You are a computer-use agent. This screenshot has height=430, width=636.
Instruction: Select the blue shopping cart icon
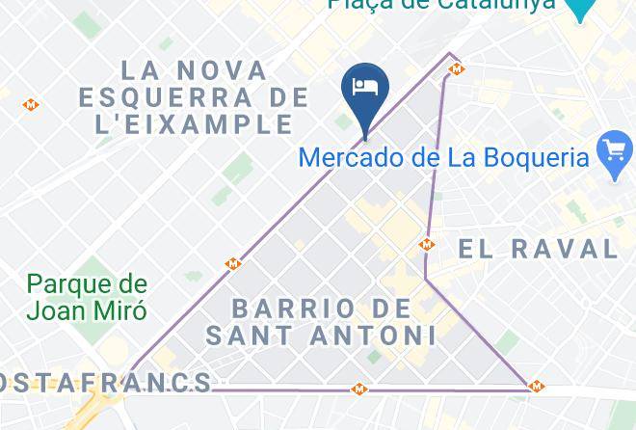coord(615,152)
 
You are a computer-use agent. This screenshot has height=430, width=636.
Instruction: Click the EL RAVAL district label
coord(538,249)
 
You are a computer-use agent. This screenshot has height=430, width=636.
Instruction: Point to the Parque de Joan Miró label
coord(87,297)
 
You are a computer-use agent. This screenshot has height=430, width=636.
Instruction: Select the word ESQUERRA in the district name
coord(194,97)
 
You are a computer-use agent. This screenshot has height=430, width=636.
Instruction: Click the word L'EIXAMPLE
coord(186,124)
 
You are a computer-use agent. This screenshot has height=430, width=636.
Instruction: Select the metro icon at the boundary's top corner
coord(458,68)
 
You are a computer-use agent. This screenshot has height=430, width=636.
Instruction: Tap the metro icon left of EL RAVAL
coord(427,245)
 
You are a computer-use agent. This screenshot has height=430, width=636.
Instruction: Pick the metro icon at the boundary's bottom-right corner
coord(537,387)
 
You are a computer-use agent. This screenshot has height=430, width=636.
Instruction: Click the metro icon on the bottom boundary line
coord(360,390)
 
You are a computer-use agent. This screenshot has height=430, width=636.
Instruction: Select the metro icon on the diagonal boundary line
coord(232,263)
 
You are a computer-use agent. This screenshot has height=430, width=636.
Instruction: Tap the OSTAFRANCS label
coord(106,383)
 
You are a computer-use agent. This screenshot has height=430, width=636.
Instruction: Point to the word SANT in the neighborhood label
coord(248,336)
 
